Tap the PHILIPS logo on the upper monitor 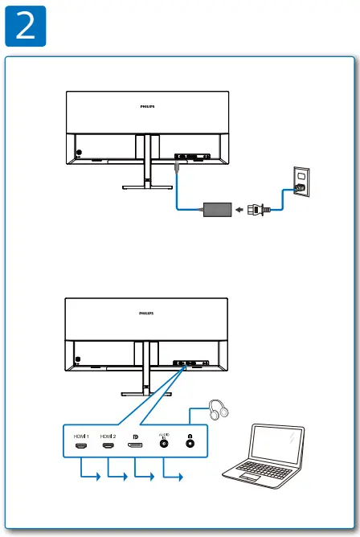click(x=145, y=105)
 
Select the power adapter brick click(x=215, y=208)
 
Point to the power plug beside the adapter click(x=257, y=209)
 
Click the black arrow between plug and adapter click(x=239, y=209)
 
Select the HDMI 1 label click(x=80, y=435)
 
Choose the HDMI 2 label click(x=108, y=435)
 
